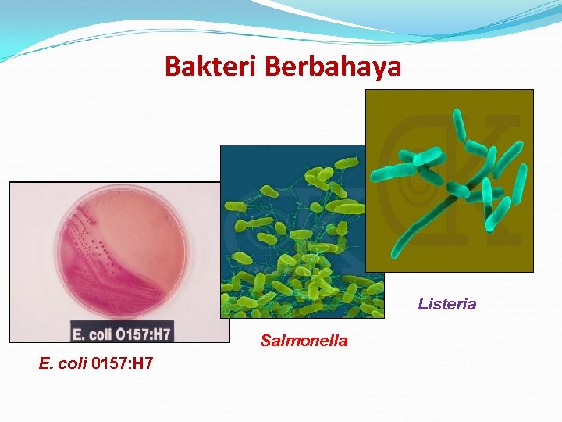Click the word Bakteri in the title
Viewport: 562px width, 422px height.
212,66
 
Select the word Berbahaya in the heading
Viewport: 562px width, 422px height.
333,66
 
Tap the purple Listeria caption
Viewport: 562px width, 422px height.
446,304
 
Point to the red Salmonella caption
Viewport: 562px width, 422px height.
304,341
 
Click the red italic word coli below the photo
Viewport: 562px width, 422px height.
74,363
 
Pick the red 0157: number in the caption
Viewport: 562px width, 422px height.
108,363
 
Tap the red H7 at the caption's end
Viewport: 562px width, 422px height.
140,363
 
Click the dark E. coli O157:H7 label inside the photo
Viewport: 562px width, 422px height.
122,334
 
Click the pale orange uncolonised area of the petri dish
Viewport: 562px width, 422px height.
152,227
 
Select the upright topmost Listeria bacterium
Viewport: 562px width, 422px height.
460,125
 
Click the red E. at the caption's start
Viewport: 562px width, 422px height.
47,363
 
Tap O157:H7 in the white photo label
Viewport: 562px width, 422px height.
140,334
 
